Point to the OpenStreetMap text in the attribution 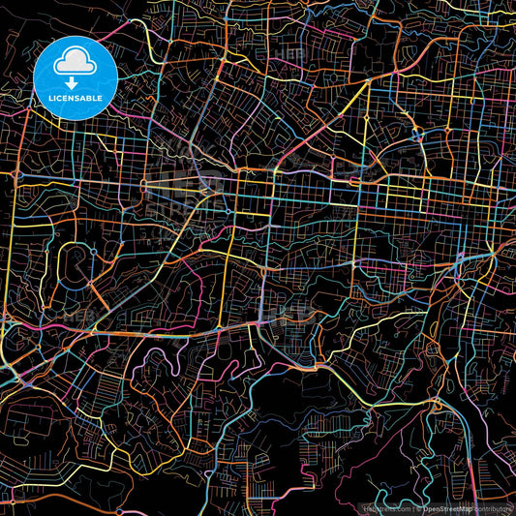tap(453, 506)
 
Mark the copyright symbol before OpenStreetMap tap(417, 506)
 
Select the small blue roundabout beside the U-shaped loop tap(92, 249)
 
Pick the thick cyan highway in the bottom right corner tap(474, 426)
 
